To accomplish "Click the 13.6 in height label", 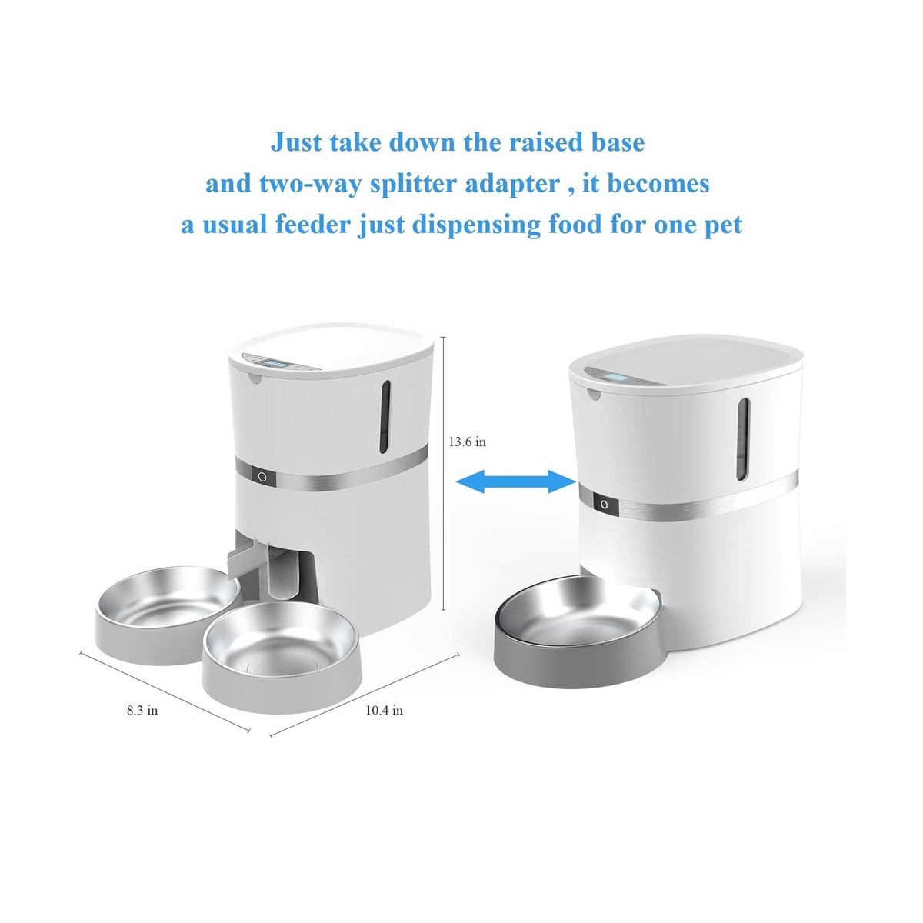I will pos(467,442).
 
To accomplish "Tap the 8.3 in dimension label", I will pos(142,711).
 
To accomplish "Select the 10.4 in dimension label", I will pos(384,711).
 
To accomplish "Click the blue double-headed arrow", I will pos(516,482).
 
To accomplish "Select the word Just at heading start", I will pos(296,143).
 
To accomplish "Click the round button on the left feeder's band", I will pos(262,477).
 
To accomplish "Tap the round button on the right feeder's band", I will pos(604,505).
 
